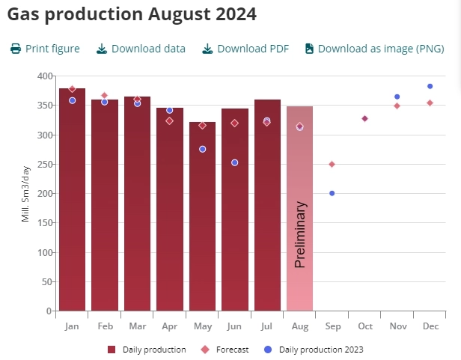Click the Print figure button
click(x=45, y=49)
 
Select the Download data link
click(x=141, y=49)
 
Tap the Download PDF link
click(x=245, y=49)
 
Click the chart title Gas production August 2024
click(x=132, y=13)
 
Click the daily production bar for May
click(x=202, y=225)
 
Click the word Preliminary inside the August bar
click(x=300, y=234)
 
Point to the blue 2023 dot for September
click(x=332, y=193)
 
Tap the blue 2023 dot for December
click(x=430, y=86)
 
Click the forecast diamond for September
click(x=332, y=164)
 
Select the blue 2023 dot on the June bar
click(x=234, y=162)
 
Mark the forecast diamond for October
click(x=364, y=118)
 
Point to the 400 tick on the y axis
click(x=43, y=76)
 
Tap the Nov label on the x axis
click(x=397, y=326)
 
